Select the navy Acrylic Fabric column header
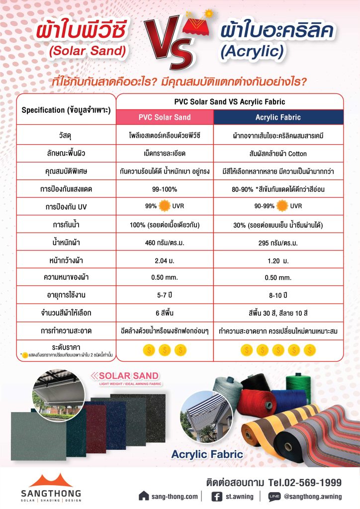coord(278,117)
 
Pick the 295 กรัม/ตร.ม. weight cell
coord(278,244)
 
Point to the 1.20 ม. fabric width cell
coord(278,261)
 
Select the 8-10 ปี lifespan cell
coord(278,295)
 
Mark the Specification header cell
coord(66,109)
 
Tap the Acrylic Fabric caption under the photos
coord(207,454)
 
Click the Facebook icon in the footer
coord(217,496)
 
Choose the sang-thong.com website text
coord(176,496)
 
